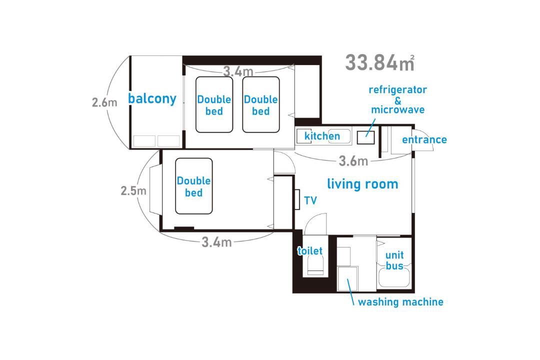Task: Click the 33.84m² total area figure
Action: click(x=379, y=62)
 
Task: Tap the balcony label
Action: click(x=152, y=98)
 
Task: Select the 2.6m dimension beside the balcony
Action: click(x=104, y=102)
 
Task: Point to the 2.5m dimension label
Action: click(x=133, y=190)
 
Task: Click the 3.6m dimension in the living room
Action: click(x=353, y=161)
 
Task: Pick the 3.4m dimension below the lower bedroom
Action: click(x=216, y=242)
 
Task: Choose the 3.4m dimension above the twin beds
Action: click(x=238, y=71)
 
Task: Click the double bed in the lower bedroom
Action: click(x=194, y=186)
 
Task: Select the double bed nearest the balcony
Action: click(x=214, y=104)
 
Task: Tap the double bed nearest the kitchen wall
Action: click(x=260, y=104)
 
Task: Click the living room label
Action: click(x=362, y=184)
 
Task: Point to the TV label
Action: click(x=310, y=200)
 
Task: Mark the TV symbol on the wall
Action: click(x=297, y=199)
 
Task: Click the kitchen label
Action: click(x=322, y=136)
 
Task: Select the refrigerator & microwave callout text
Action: click(x=398, y=100)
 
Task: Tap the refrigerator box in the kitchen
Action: click(x=365, y=137)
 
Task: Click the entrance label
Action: click(x=424, y=139)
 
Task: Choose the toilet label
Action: click(x=310, y=251)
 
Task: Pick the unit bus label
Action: click(x=394, y=260)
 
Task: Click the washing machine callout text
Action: click(x=400, y=302)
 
